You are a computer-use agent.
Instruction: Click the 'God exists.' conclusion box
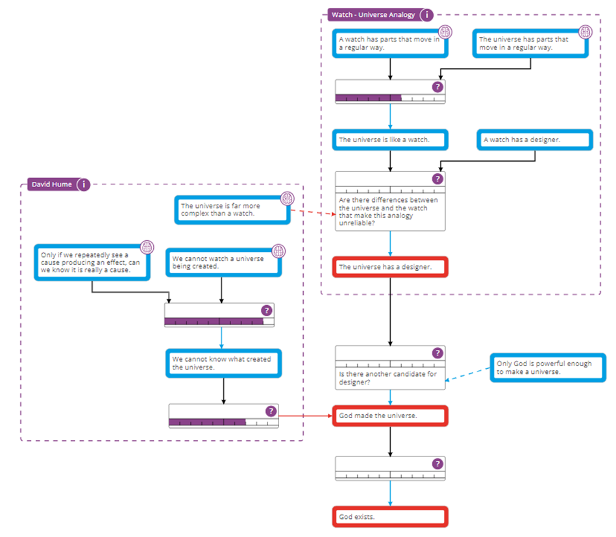click(x=390, y=517)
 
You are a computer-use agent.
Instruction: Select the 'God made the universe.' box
click(x=390, y=416)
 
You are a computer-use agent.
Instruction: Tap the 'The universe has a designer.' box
click(x=390, y=266)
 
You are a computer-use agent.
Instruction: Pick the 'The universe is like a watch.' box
click(x=390, y=140)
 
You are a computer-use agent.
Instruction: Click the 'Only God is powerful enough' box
click(x=548, y=368)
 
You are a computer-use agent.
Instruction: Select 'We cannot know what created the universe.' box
click(x=223, y=363)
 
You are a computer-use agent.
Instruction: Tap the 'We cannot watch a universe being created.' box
click(x=223, y=262)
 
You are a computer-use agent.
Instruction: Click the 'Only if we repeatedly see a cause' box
click(x=92, y=262)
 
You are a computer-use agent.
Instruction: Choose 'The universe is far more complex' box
click(x=232, y=209)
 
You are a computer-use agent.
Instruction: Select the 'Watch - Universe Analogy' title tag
click(x=373, y=14)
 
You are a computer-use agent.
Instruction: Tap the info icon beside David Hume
click(x=84, y=184)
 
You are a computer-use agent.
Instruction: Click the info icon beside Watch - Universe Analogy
click(x=427, y=14)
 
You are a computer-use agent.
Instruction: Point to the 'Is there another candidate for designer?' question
click(x=390, y=379)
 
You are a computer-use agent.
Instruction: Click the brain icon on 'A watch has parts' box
click(x=444, y=32)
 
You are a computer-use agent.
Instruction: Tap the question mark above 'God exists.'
click(x=437, y=464)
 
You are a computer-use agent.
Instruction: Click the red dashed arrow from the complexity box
click(x=312, y=213)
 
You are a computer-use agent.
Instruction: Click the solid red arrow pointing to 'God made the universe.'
click(x=305, y=416)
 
